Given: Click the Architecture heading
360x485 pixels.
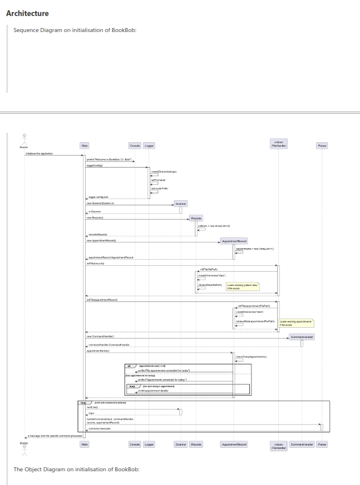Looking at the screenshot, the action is pyautogui.click(x=27, y=13).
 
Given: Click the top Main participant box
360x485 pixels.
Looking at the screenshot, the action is pyautogui.click(x=85, y=146).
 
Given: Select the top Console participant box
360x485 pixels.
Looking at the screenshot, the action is pyautogui.click(x=135, y=146).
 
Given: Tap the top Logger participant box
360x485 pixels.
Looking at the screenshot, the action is pyautogui.click(x=149, y=146).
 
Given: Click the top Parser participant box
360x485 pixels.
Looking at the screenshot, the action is pyautogui.click(x=322, y=146).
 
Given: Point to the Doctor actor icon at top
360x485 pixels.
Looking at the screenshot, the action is pyautogui.click(x=24, y=139).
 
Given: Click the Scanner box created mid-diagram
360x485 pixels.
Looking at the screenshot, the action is pyautogui.click(x=181, y=203).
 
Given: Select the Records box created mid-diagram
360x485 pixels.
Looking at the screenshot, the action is pyautogui.click(x=196, y=218).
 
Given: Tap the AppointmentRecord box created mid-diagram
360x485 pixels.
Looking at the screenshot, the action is pyautogui.click(x=233, y=242).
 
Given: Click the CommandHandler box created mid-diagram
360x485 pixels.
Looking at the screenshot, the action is pyautogui.click(x=302, y=337).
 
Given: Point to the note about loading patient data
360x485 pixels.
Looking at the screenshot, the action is pyautogui.click(x=242, y=286).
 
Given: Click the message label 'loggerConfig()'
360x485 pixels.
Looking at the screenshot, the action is pyautogui.click(x=94, y=165).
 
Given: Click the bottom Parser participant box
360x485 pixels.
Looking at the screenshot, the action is pyautogui.click(x=322, y=444).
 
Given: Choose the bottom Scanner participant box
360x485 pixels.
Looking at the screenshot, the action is pyautogui.click(x=181, y=444).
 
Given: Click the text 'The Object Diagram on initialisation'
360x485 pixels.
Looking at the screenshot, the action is pyautogui.click(x=77, y=470).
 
